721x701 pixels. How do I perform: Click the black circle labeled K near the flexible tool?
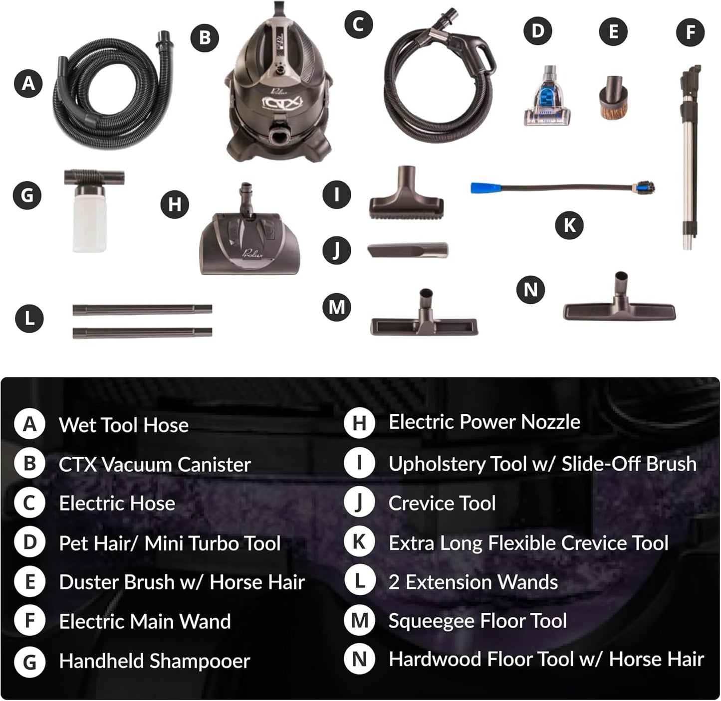[569, 225]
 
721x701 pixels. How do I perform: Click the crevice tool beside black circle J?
[408, 250]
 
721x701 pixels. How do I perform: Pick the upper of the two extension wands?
[142, 310]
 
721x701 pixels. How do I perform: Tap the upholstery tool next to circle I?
[406, 199]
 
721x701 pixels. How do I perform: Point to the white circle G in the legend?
[30, 662]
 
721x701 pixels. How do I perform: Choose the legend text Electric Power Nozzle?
[484, 422]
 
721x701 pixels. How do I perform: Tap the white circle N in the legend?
[359, 660]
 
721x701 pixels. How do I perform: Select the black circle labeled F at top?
[690, 32]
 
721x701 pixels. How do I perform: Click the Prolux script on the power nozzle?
[252, 253]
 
